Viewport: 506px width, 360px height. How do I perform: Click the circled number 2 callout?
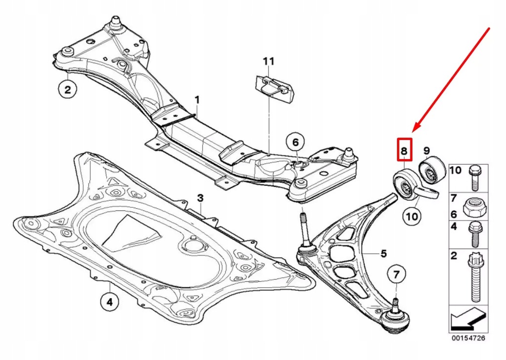coord(68,90)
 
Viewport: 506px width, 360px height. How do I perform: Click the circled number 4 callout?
coord(109,300)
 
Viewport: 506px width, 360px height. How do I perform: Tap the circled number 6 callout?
coord(295,142)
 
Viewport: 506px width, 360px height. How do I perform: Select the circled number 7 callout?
coord(396,273)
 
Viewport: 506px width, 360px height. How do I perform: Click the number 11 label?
coord(268,61)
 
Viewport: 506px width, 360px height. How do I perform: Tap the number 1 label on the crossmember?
coord(197,100)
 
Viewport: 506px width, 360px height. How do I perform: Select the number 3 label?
coord(200,198)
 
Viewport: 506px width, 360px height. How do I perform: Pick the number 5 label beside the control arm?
coord(383,254)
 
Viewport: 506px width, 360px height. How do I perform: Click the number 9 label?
coord(426,150)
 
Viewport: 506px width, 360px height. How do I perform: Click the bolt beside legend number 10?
coord(473,177)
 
